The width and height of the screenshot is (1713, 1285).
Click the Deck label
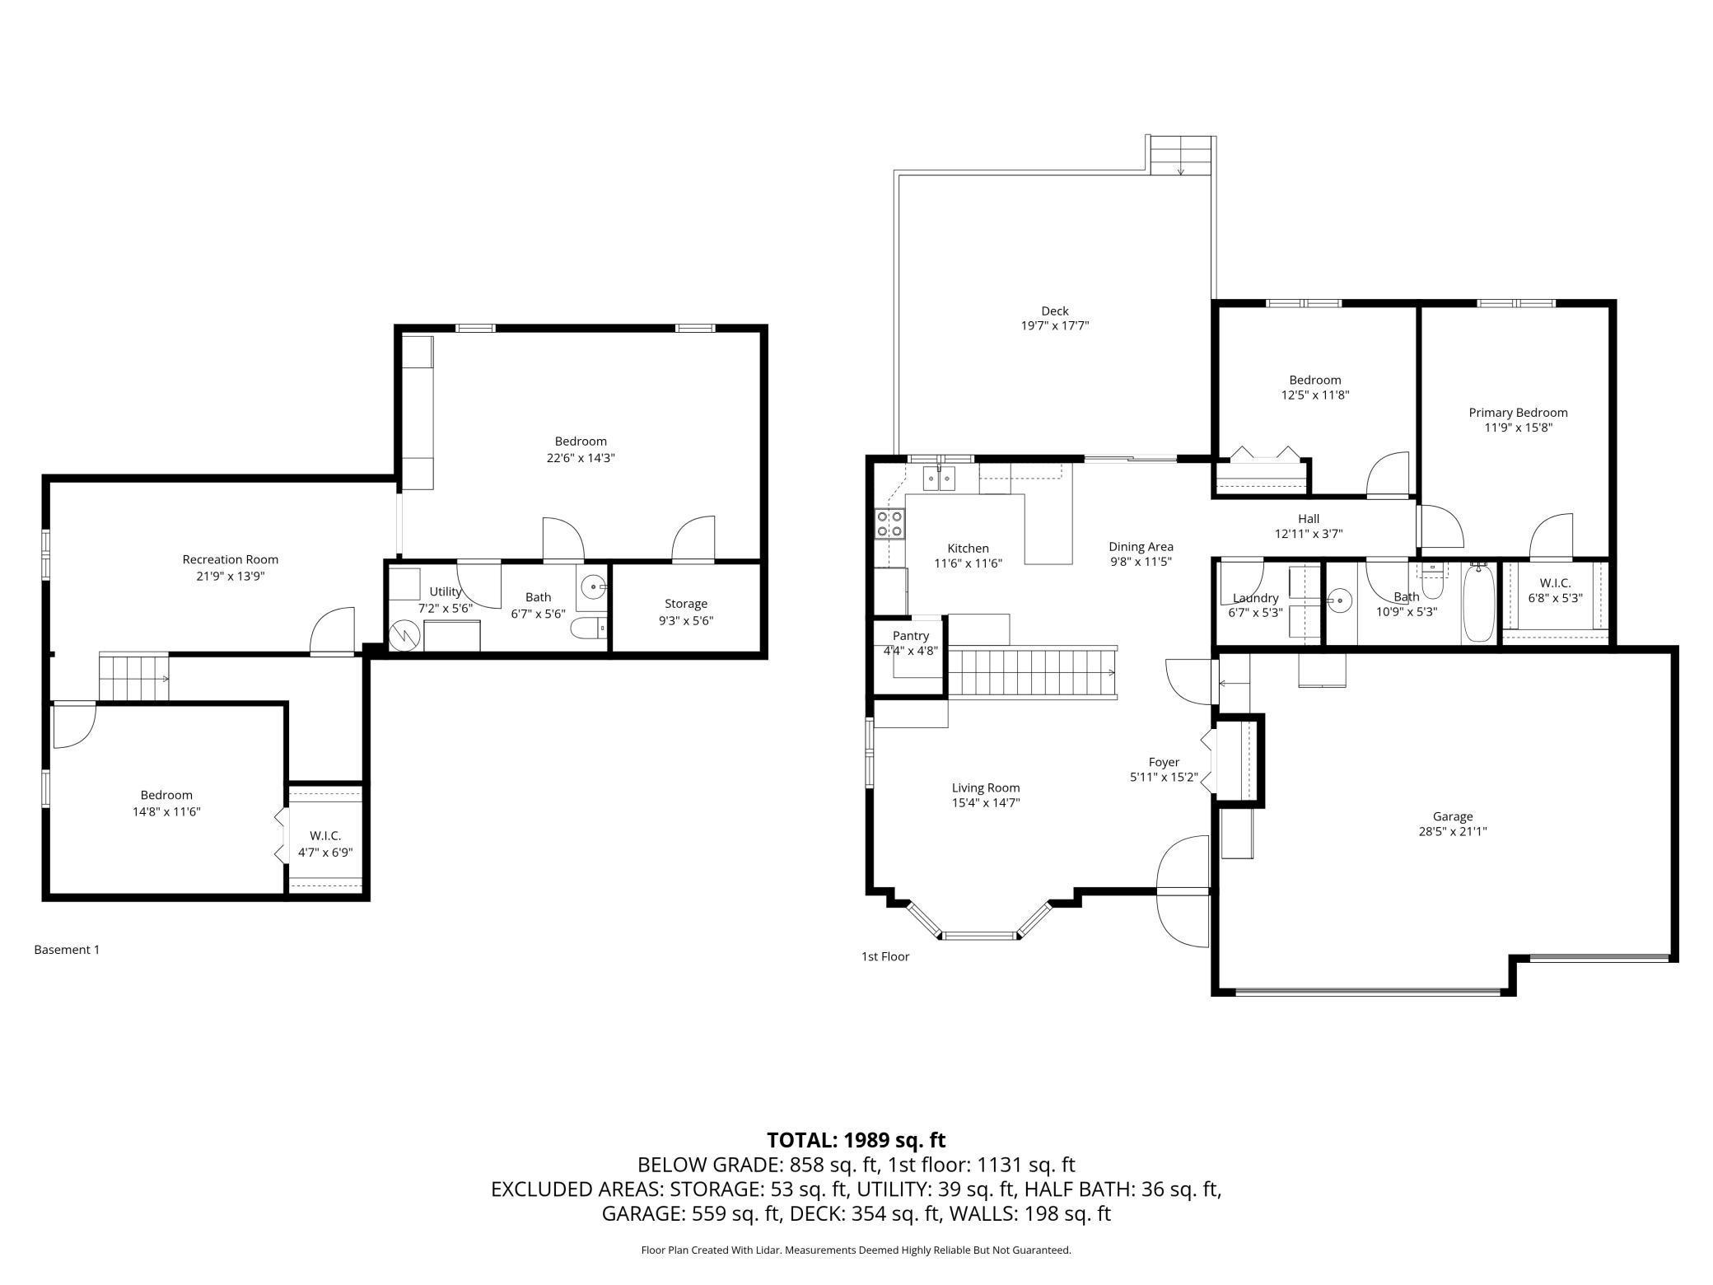(x=1055, y=311)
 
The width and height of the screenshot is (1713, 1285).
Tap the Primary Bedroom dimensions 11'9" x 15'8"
(x=1518, y=428)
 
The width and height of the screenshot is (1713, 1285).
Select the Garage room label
(x=1452, y=816)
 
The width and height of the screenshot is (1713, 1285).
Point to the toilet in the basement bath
(x=589, y=628)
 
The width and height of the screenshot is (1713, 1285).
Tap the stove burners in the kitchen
(x=890, y=524)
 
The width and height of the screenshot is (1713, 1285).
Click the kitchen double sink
(x=940, y=479)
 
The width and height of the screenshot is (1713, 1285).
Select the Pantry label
(x=910, y=636)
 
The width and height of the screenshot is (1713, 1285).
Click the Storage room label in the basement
(x=686, y=604)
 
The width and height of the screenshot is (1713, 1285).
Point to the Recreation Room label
(x=231, y=560)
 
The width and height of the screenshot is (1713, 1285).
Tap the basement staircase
(x=134, y=677)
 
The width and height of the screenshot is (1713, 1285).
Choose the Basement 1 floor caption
(x=67, y=950)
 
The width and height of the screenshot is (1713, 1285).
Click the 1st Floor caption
(x=885, y=956)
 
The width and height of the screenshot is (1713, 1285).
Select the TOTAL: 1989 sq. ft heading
(x=856, y=1140)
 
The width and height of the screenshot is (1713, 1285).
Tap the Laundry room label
(x=1256, y=598)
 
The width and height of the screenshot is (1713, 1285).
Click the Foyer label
(x=1164, y=763)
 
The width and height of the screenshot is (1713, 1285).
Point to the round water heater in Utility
(x=405, y=635)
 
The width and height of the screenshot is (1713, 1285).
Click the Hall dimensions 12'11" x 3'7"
(x=1309, y=534)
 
